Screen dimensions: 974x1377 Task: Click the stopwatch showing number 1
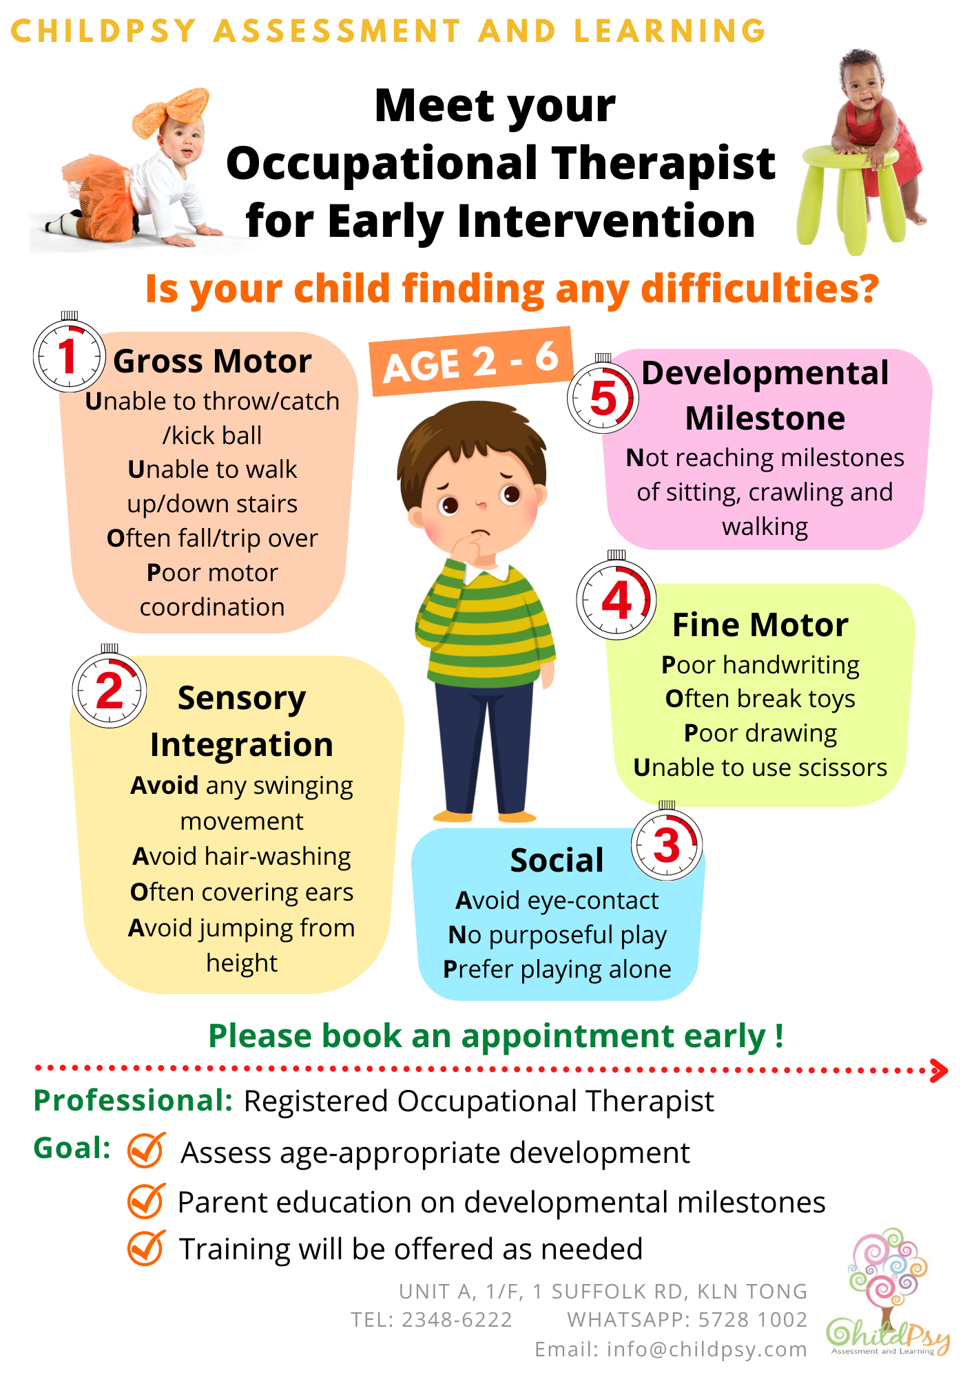pos(69,355)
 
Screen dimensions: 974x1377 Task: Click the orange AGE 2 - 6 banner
pos(471,361)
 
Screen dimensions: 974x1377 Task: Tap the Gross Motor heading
pos(212,361)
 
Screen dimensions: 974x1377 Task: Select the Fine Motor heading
pos(760,625)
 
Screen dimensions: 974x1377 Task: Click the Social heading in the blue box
pos(557,861)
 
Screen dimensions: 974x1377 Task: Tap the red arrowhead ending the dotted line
pos(939,1070)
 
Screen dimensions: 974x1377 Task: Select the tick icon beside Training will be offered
pos(146,1248)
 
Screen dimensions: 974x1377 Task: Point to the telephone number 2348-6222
pos(457,1319)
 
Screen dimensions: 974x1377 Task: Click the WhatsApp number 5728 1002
pos(753,1319)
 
